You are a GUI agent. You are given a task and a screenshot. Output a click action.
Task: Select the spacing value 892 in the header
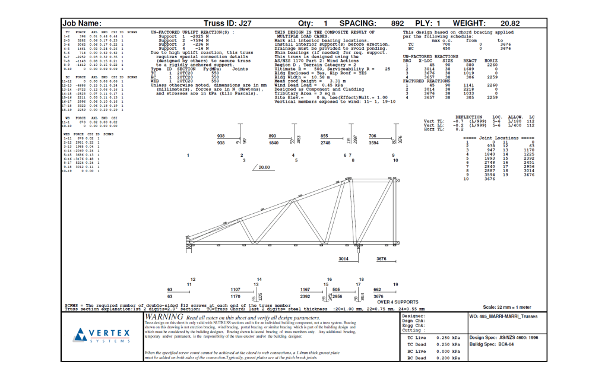pos(397,23)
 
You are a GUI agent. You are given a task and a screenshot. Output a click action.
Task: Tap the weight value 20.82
pos(510,23)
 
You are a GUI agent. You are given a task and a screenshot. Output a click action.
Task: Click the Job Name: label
pos(82,23)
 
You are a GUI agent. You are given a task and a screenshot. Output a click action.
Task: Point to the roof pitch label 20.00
pos(264,167)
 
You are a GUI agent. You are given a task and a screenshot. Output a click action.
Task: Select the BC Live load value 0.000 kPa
pos(448,351)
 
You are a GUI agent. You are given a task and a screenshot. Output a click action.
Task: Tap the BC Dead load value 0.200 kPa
pos(448,358)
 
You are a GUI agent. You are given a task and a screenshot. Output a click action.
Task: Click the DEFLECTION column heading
pos(468,118)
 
